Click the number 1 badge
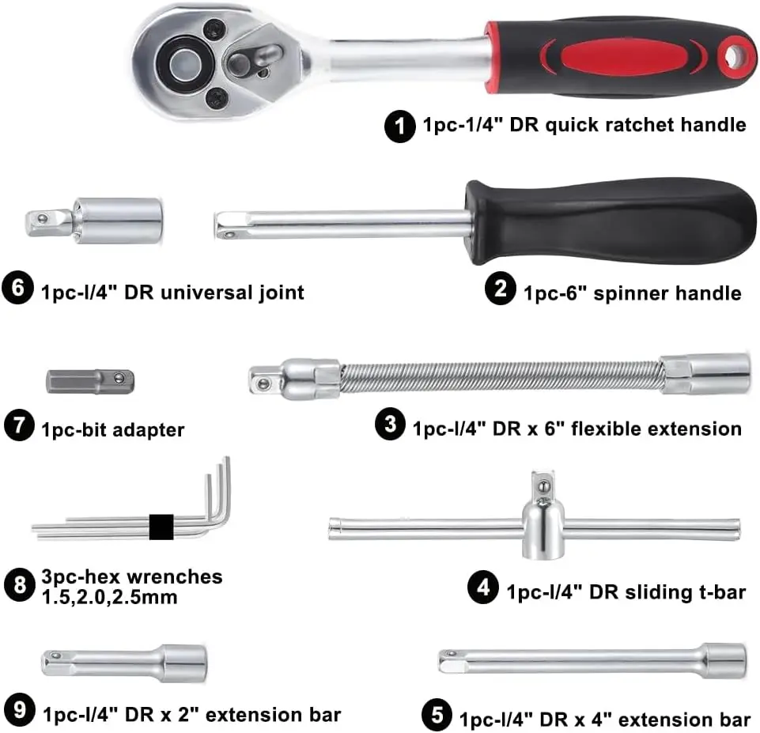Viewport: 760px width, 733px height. tap(400, 127)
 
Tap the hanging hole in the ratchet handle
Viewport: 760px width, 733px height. tap(736, 56)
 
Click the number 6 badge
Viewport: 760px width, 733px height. tap(17, 289)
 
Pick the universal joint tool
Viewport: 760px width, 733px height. tap(93, 221)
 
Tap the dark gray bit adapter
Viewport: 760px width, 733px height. tap(90, 381)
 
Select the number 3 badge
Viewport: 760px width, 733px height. tap(391, 424)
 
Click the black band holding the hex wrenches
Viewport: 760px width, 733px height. tap(161, 527)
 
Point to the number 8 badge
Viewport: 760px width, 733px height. tap(20, 585)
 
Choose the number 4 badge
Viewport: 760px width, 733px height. tap(482, 588)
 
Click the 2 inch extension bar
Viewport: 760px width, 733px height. tap(124, 663)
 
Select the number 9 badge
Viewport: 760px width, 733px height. tap(20, 710)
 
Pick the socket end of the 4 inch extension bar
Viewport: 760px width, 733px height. tap(724, 660)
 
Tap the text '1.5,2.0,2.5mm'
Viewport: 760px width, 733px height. tap(110, 597)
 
